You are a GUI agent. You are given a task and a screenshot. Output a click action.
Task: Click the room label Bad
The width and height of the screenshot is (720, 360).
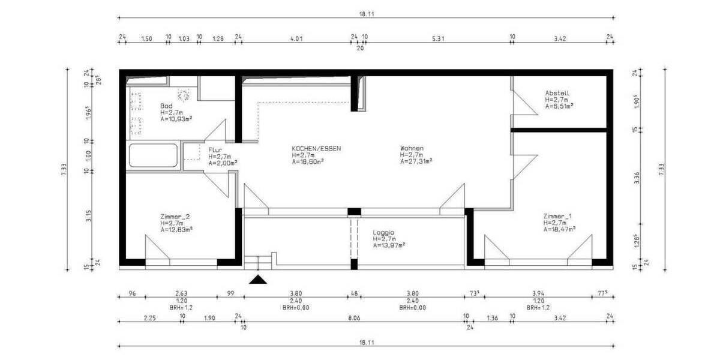[166, 106]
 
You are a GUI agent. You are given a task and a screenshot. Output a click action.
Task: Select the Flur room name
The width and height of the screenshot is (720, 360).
[215, 149]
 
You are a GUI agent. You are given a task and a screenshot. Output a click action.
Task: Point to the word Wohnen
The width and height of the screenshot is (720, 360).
[412, 148]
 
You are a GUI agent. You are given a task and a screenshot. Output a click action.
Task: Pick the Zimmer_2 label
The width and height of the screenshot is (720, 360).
[176, 216]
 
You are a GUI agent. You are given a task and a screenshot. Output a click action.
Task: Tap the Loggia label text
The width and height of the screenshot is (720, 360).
[383, 232]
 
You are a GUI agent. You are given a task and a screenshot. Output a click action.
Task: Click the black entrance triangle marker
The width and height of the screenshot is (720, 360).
[258, 279]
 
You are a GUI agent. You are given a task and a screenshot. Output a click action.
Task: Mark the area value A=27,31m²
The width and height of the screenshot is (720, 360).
[416, 161]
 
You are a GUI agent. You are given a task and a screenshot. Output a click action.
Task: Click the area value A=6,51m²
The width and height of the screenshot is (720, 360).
[559, 106]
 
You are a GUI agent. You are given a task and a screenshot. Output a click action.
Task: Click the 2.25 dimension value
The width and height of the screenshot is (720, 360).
[149, 318]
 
